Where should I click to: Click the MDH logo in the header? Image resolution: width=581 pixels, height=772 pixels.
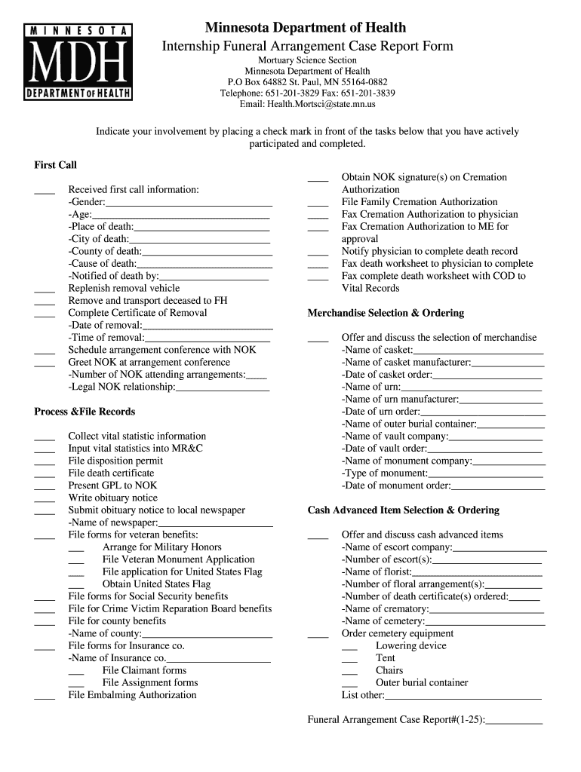(x=81, y=62)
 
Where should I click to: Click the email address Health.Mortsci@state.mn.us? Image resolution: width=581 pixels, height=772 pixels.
(x=307, y=105)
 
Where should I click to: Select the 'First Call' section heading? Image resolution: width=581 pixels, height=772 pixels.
(x=55, y=165)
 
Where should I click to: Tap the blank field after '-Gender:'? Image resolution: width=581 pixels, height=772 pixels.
(x=189, y=203)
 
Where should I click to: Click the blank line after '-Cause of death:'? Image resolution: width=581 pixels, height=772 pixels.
(x=204, y=265)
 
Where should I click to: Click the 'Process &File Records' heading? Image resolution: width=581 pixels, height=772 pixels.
(x=85, y=412)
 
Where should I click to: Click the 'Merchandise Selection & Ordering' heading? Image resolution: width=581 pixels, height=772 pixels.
(x=386, y=313)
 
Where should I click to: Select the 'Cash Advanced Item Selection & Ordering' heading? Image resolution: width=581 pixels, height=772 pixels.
(x=403, y=510)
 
